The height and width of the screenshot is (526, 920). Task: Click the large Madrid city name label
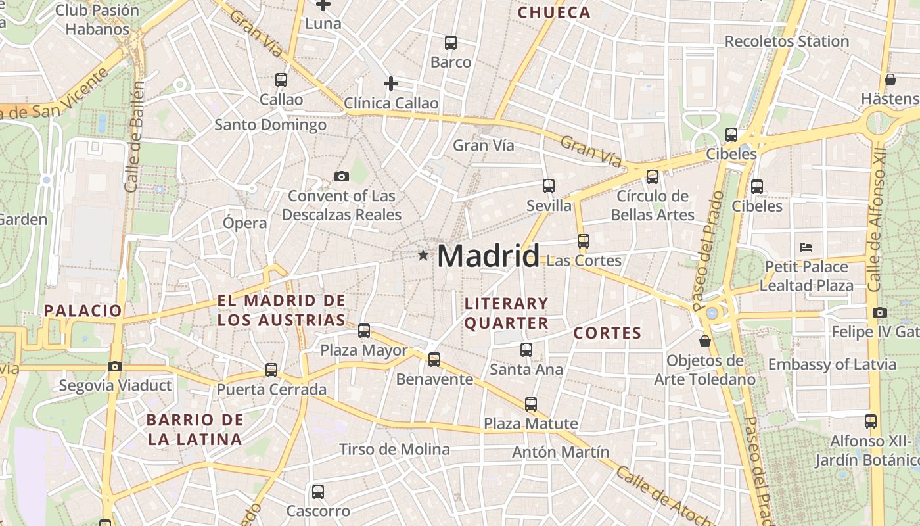coord(488,256)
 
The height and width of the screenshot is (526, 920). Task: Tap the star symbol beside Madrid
coord(423,255)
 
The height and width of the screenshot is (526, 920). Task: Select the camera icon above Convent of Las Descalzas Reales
coord(341,176)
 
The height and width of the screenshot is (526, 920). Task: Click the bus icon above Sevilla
coord(549,186)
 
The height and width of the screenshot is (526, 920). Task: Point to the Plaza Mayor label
coord(364,350)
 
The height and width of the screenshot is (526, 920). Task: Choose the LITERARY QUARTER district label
coord(506,313)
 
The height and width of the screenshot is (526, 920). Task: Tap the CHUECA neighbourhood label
coord(554,12)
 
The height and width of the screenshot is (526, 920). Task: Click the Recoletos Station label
coord(787,41)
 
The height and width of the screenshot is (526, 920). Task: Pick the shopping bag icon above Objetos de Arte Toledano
coord(705,341)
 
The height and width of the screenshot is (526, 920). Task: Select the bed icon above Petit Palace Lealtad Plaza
coord(806,247)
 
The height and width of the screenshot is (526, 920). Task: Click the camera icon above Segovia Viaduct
coord(115,366)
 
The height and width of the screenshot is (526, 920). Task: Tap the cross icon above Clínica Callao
coord(391,84)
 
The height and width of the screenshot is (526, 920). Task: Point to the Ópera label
coord(245,222)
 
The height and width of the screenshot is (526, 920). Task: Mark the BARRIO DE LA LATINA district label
coord(195,429)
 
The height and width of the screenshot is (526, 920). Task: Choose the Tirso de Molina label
coord(394,450)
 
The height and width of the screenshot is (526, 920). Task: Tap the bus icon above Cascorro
coord(318,491)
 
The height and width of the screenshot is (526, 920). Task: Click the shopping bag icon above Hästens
coord(890,80)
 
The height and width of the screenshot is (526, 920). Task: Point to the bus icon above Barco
coord(451,43)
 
